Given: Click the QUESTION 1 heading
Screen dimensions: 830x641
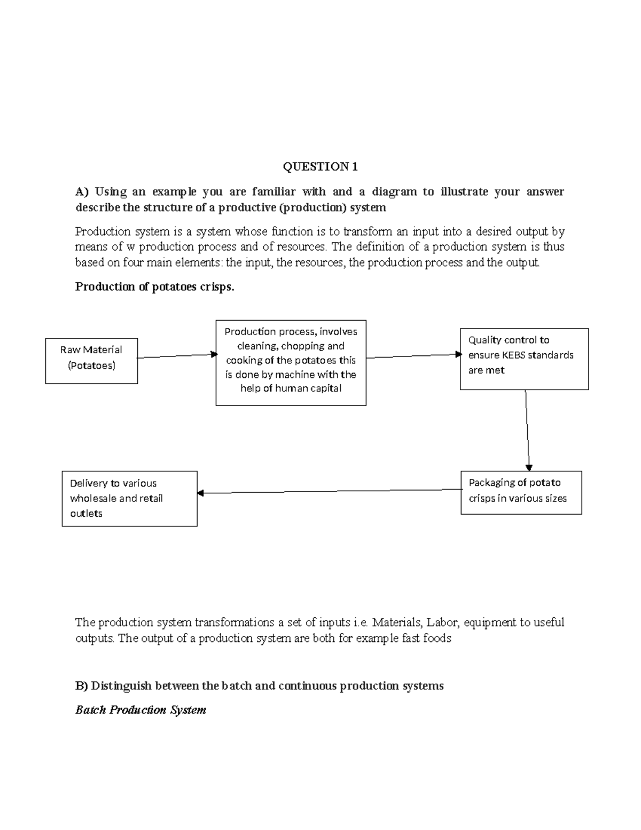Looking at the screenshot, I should pyautogui.click(x=320, y=167).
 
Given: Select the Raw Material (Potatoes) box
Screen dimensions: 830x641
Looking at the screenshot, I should pyautogui.click(x=91, y=361).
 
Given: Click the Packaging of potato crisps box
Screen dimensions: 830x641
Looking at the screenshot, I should pyautogui.click(x=521, y=492).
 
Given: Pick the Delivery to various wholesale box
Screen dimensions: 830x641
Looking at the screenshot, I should pyautogui.click(x=129, y=499).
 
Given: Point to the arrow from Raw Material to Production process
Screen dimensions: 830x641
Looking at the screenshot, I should pyautogui.click(x=176, y=356).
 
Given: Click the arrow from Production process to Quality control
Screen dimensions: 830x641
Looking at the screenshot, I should pyautogui.click(x=413, y=356).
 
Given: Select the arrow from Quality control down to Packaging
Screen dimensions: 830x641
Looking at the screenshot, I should pyautogui.click(x=527, y=430).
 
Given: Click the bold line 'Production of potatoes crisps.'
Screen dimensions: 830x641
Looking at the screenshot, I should pyautogui.click(x=154, y=287).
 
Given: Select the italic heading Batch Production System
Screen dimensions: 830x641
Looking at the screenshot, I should pyautogui.click(x=140, y=710).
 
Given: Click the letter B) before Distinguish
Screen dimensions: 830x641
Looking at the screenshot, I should pyautogui.click(x=81, y=686).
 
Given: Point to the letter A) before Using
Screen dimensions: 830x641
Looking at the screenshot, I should pyautogui.click(x=81, y=192).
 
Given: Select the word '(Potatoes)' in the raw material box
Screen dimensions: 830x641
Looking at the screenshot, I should pyautogui.click(x=91, y=366).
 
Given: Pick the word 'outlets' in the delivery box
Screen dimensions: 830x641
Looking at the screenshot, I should pyautogui.click(x=86, y=514).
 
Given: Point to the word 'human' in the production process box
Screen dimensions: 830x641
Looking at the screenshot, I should pyautogui.click(x=292, y=389).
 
